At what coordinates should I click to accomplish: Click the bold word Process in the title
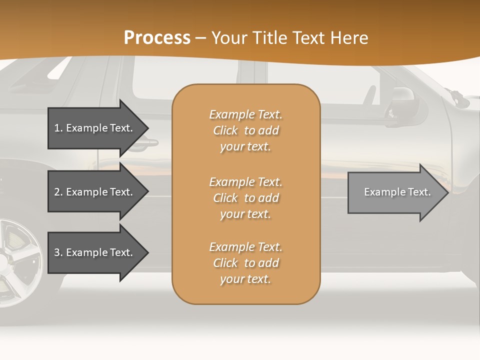click(157, 38)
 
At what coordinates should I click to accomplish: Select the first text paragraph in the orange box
click(245, 130)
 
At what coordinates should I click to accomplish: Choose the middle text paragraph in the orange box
click(245, 198)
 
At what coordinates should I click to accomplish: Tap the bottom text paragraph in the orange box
click(245, 263)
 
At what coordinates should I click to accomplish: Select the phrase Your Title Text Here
click(289, 38)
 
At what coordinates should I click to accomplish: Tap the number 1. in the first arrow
click(58, 128)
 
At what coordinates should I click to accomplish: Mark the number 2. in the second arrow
click(58, 192)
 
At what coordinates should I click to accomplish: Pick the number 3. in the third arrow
click(58, 252)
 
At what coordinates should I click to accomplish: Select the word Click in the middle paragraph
click(225, 198)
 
